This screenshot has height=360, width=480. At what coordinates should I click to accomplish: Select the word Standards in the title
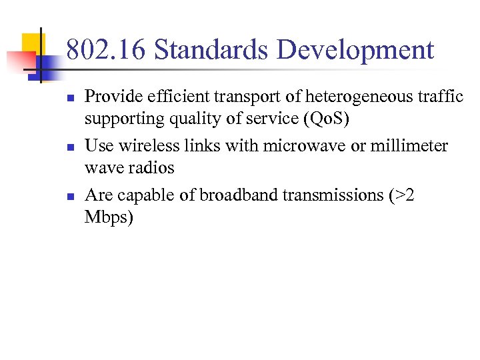click(211, 51)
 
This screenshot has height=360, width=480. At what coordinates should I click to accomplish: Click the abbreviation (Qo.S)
click(324, 119)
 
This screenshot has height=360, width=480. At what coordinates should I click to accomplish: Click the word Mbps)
click(109, 218)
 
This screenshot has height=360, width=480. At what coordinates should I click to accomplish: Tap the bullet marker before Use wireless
click(70, 147)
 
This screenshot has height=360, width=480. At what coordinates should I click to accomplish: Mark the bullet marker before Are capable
click(70, 196)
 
